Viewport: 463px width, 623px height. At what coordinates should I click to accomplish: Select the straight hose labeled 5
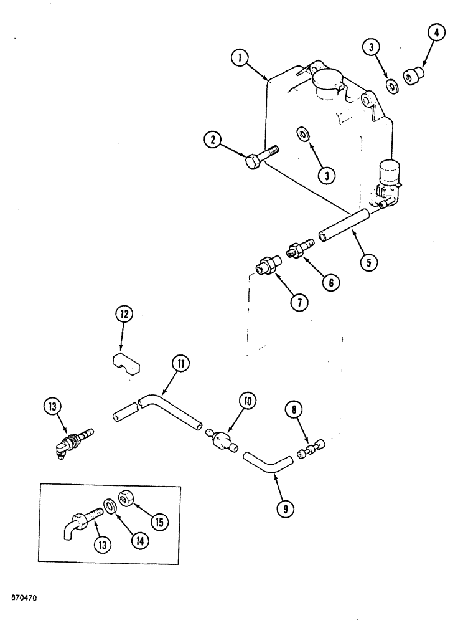(344, 225)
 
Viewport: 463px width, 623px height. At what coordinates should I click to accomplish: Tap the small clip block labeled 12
(125, 364)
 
